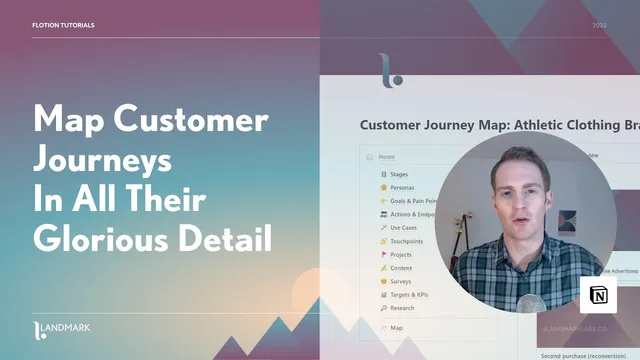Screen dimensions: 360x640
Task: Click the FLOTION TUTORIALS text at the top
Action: tap(65, 25)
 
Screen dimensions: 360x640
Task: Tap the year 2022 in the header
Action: tap(599, 25)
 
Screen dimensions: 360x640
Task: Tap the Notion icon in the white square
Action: tap(599, 296)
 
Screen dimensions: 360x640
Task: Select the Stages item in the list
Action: tap(398, 173)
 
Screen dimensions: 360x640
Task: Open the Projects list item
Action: tap(402, 254)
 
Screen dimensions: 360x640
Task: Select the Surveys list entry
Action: tap(401, 281)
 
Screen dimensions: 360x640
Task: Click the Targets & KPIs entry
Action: tap(411, 295)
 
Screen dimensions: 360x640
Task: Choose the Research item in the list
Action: tap(403, 308)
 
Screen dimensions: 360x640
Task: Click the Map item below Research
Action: tap(396, 327)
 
